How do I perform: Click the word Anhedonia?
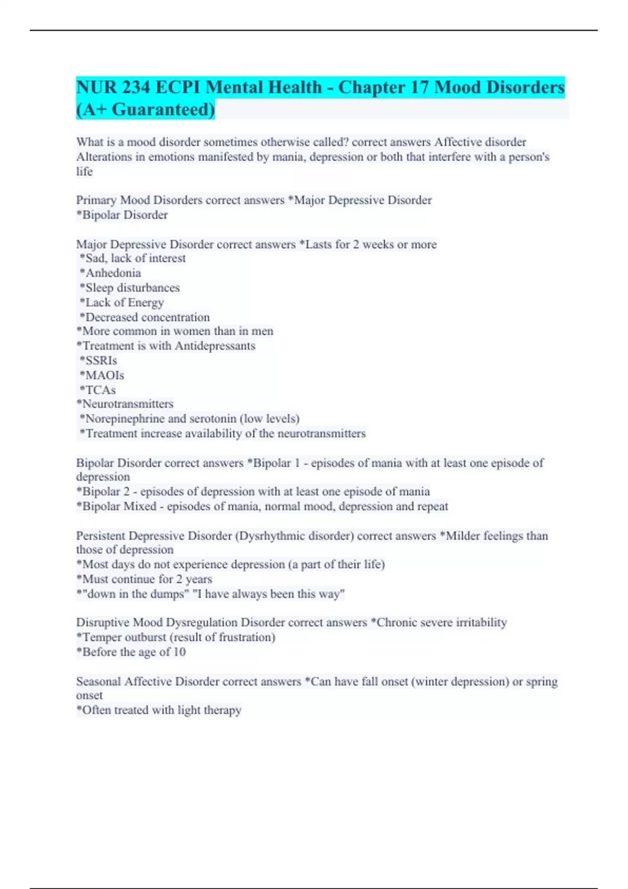click(x=113, y=273)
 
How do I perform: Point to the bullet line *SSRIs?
click(x=98, y=361)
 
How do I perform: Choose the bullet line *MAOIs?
click(x=102, y=375)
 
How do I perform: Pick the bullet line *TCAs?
click(x=98, y=390)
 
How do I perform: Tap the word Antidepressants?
click(x=215, y=346)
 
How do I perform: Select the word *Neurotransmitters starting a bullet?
click(x=125, y=404)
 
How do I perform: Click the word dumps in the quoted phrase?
click(x=169, y=594)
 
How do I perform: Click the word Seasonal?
click(x=98, y=682)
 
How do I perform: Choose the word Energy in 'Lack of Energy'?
click(x=146, y=303)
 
